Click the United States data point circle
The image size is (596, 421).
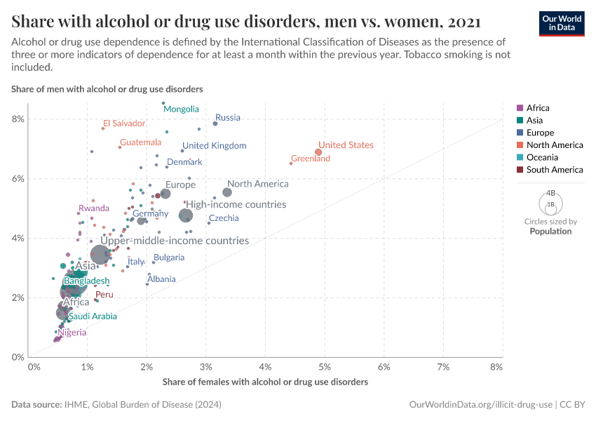click(318, 152)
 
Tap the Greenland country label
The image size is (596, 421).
click(310, 159)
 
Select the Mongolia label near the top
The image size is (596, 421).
click(181, 109)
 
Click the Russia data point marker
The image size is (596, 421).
click(215, 123)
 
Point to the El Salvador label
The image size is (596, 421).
click(124, 123)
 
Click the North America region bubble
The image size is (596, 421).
click(227, 192)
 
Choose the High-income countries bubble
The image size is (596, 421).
click(186, 215)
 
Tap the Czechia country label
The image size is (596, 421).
click(224, 218)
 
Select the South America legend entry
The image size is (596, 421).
click(554, 170)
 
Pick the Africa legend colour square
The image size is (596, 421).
click(520, 108)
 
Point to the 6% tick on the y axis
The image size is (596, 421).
click(18, 178)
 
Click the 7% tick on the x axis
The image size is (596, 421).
click(443, 367)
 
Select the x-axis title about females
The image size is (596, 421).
click(265, 382)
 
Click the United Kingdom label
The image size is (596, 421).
click(214, 146)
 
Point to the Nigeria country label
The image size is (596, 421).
click(72, 333)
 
